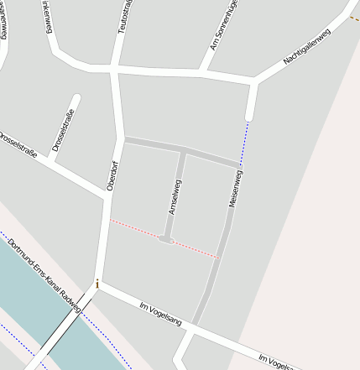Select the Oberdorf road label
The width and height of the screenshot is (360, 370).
(x=112, y=175)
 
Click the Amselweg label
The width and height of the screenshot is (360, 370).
(x=175, y=197)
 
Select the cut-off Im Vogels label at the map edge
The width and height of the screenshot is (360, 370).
(x=278, y=362)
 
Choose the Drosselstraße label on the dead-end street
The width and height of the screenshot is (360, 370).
(x=63, y=129)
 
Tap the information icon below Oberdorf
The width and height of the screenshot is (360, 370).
(x=98, y=284)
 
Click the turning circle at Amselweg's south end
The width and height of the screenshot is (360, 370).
(x=166, y=240)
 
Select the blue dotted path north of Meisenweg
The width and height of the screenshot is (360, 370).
(x=244, y=143)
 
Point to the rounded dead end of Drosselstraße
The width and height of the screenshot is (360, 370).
(x=76, y=99)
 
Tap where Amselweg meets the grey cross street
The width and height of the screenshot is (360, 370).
(x=182, y=152)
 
